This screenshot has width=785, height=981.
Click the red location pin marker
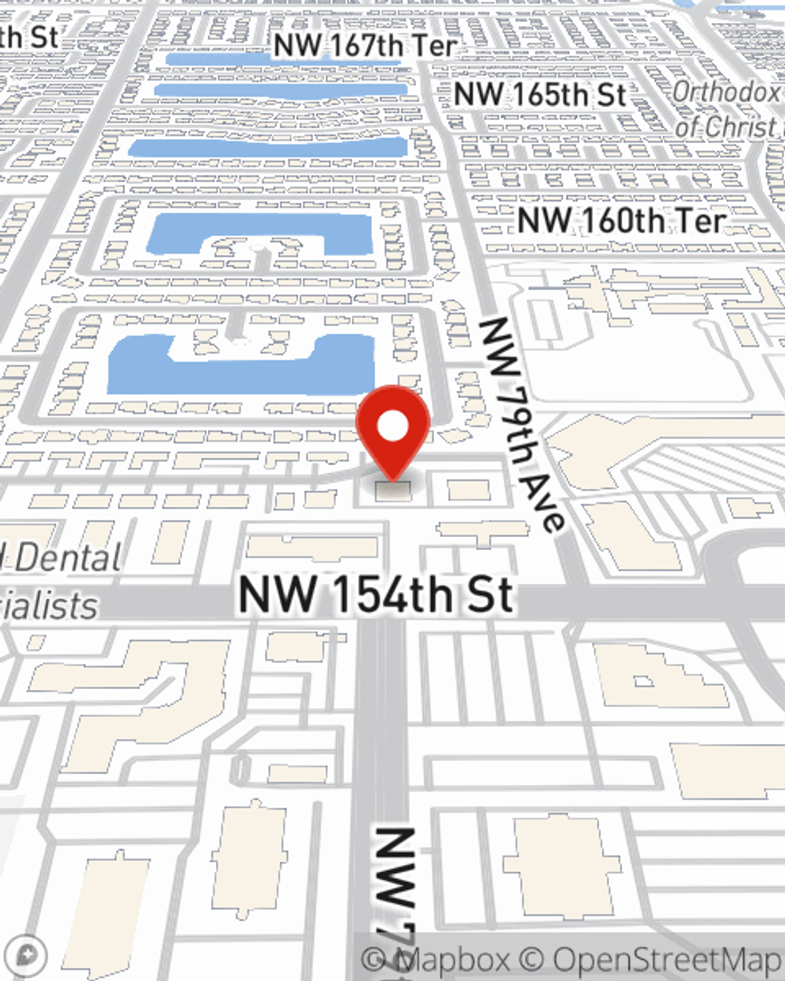point(392,432)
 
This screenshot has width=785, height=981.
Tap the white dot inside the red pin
point(392,427)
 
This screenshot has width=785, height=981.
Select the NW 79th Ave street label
point(523,425)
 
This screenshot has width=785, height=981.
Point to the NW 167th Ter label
point(365,46)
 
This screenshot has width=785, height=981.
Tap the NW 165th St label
point(540,95)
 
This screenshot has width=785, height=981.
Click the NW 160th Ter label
point(621,221)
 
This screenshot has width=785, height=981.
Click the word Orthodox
point(725,92)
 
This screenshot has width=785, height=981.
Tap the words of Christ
point(725,126)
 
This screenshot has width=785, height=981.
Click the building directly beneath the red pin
point(392,491)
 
